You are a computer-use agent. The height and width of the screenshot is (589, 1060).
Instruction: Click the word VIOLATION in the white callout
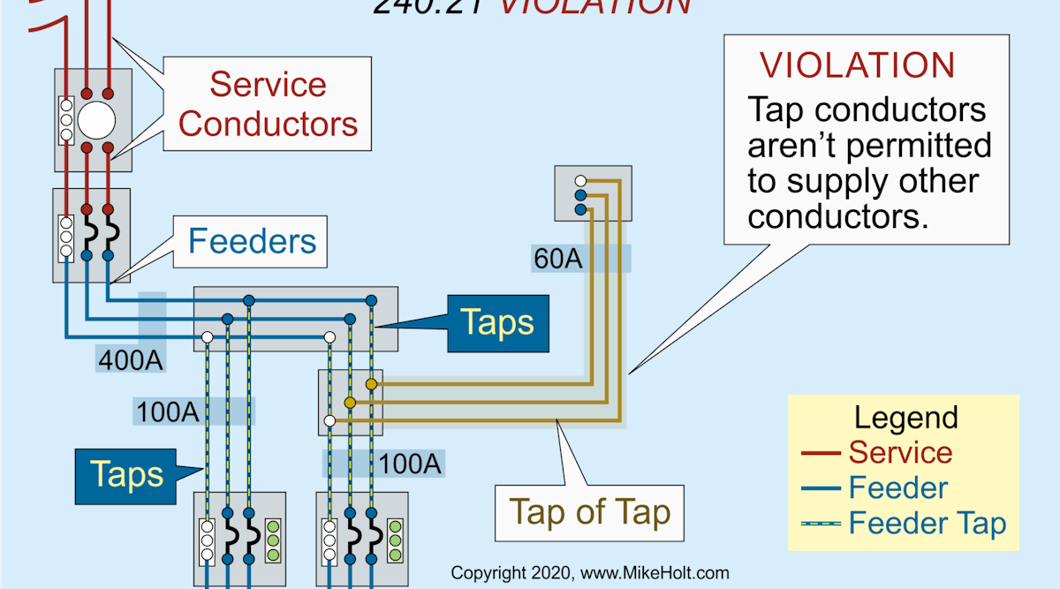(x=858, y=66)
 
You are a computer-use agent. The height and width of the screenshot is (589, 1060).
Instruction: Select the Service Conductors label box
(x=268, y=103)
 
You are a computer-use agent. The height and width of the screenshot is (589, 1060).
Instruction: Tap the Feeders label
(x=252, y=240)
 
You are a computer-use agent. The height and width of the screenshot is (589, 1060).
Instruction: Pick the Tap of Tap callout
(x=589, y=512)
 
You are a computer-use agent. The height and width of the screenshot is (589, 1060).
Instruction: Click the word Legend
(x=905, y=417)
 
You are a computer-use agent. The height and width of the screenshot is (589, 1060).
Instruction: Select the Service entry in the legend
(x=900, y=452)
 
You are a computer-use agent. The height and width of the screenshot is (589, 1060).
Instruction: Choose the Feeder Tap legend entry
(x=927, y=524)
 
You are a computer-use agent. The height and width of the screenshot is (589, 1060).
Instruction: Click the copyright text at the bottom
(x=590, y=572)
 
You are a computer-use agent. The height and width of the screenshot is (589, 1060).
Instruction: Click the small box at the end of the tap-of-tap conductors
(x=592, y=193)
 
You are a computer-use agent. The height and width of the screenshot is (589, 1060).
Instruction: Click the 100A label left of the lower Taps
(x=165, y=412)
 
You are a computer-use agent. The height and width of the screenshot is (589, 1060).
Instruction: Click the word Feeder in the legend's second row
(x=898, y=487)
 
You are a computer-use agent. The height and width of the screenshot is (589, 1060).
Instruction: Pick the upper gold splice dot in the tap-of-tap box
(x=372, y=384)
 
